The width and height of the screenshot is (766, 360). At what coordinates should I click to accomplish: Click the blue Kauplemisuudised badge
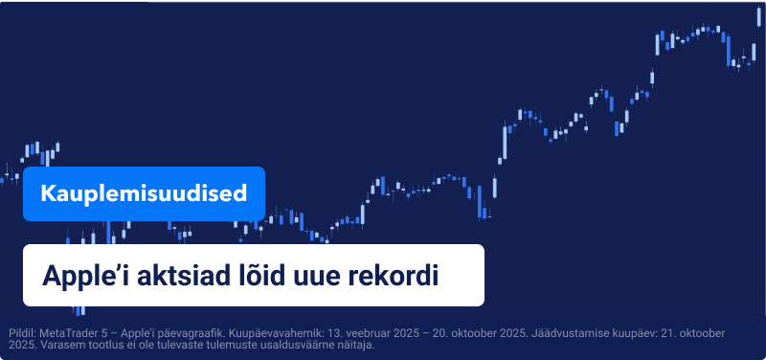tap(144, 193)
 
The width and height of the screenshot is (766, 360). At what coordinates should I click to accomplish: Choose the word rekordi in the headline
tap(394, 275)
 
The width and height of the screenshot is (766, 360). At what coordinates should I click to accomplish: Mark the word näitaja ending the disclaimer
tap(353, 345)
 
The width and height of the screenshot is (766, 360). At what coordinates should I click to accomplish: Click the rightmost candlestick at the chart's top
tap(759, 22)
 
